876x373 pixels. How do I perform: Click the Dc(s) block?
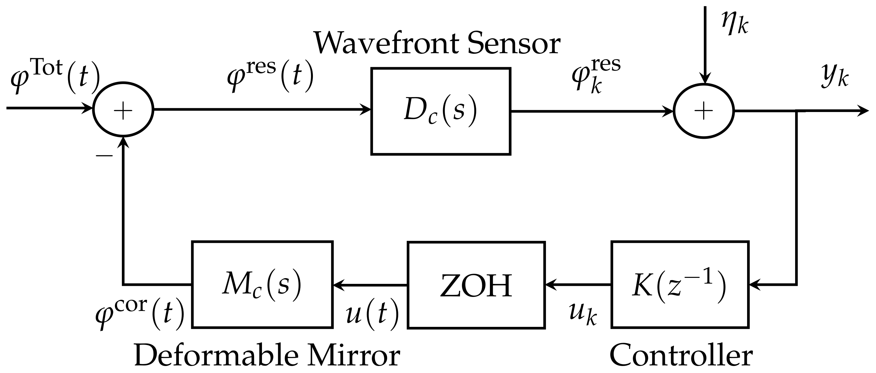tap(441, 111)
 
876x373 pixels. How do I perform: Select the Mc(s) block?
tap(262, 284)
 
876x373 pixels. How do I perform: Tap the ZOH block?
tap(476, 285)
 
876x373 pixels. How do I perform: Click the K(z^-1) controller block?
tap(680, 285)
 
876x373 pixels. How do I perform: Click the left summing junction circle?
tap(123, 109)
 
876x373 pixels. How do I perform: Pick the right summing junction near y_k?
tap(703, 111)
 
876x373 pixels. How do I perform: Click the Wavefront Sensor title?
tap(437, 44)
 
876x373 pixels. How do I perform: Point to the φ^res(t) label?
tap(270, 76)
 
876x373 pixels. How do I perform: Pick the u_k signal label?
tap(583, 313)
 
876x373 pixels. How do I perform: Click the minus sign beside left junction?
tap(104, 156)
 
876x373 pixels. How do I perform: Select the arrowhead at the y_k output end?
tap(864, 111)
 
